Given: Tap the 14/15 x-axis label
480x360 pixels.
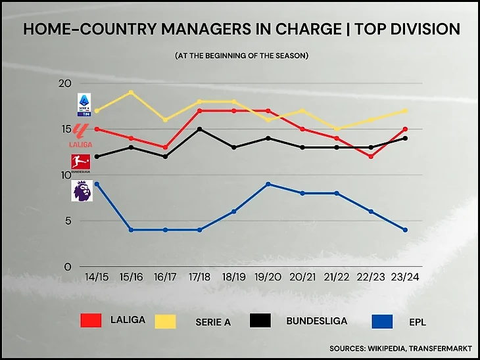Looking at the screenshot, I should point(97,278).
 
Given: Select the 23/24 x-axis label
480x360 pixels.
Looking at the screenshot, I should point(405,278).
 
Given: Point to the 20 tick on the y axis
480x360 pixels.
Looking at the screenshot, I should point(64,83).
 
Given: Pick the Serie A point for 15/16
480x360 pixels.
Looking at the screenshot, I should point(132,92).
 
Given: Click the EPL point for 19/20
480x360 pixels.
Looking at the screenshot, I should point(268,184).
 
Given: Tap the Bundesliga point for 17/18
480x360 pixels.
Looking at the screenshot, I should point(199,129).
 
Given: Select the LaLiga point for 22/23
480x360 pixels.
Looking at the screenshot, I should point(371,156).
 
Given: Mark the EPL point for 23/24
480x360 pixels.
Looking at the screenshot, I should point(405,230).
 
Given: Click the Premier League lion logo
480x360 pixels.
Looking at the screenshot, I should point(82,191).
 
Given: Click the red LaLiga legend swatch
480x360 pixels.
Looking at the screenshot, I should point(91,321).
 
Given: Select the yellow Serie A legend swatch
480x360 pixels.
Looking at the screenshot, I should point(165,321).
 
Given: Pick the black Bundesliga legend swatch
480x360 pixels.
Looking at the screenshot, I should point(260,321).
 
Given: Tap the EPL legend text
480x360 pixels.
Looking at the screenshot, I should point(412,321).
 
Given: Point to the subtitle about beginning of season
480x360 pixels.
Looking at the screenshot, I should point(241,56).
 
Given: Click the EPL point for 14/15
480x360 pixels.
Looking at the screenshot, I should point(97,184).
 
